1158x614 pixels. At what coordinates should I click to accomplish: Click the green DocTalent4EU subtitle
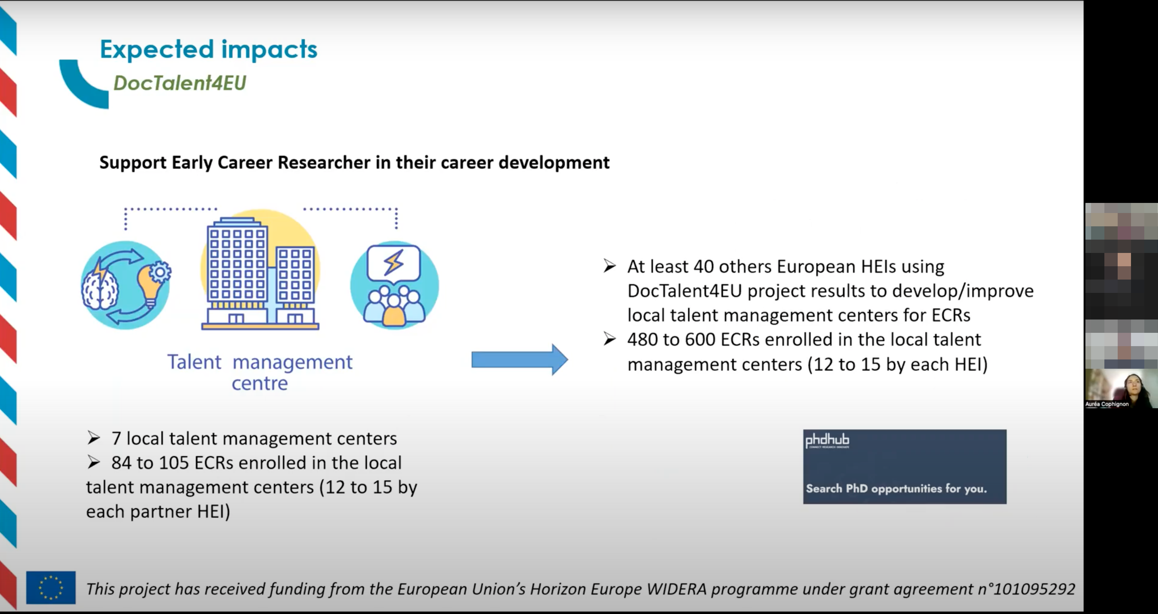point(180,83)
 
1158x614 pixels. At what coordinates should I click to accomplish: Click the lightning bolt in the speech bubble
point(394,262)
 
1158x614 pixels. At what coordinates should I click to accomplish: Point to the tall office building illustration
point(237,270)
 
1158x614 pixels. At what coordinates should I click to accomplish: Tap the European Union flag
point(51,587)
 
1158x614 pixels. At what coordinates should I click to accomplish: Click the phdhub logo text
point(827,440)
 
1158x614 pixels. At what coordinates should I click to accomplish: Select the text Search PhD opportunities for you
point(896,489)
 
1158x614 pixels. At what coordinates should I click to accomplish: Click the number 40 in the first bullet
point(704,267)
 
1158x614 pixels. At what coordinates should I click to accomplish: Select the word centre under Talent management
point(259,384)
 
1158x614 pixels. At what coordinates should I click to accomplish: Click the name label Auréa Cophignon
point(1107,404)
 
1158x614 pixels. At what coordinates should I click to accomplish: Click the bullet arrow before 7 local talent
point(94,438)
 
